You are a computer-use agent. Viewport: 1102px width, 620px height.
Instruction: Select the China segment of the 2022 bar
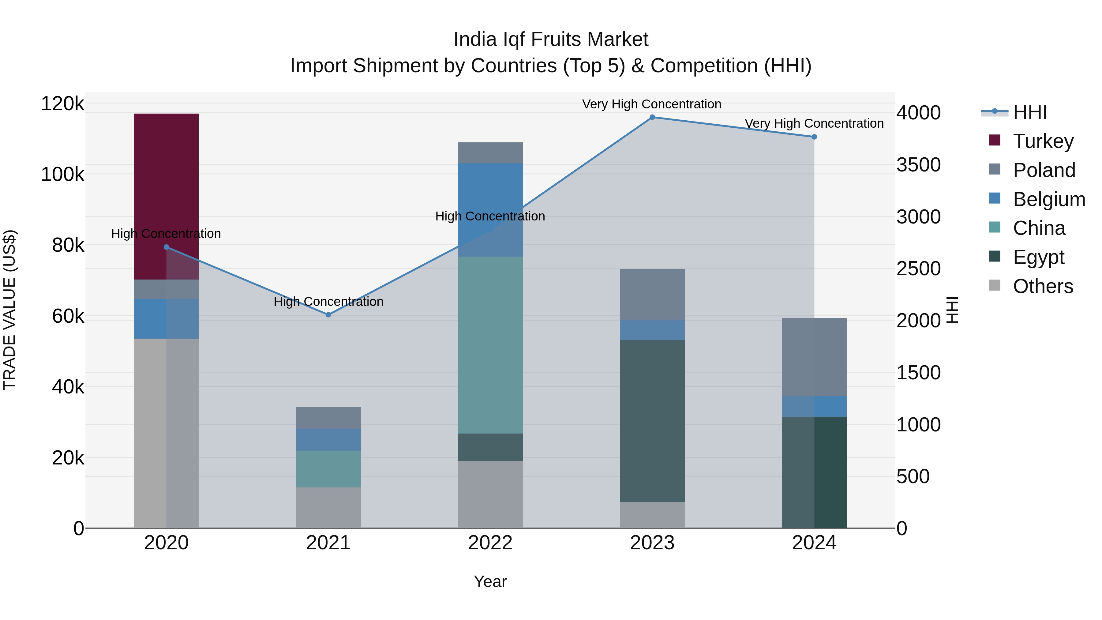click(x=490, y=344)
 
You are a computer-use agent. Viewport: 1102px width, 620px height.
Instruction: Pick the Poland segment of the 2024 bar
click(x=814, y=357)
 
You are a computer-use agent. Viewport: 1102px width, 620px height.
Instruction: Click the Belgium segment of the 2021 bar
click(x=328, y=439)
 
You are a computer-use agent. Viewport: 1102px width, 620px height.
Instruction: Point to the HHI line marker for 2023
click(x=652, y=117)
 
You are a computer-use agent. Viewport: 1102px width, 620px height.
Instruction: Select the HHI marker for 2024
click(x=814, y=137)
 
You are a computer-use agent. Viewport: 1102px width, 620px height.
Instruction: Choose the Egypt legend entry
click(x=1038, y=257)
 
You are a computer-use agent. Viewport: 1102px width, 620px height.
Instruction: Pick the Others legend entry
click(x=1043, y=286)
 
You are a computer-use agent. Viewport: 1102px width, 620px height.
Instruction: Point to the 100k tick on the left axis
click(x=62, y=175)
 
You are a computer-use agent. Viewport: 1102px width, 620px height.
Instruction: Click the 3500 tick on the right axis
click(x=918, y=165)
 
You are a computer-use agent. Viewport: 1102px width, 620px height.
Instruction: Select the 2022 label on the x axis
click(x=490, y=543)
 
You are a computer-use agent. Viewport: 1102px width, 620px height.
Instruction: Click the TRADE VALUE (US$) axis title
click(x=10, y=310)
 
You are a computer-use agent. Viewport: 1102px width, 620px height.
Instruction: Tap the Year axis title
click(x=490, y=581)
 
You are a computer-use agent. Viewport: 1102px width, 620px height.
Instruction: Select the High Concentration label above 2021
click(x=328, y=302)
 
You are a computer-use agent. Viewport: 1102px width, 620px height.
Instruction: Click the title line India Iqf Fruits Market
click(x=551, y=39)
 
